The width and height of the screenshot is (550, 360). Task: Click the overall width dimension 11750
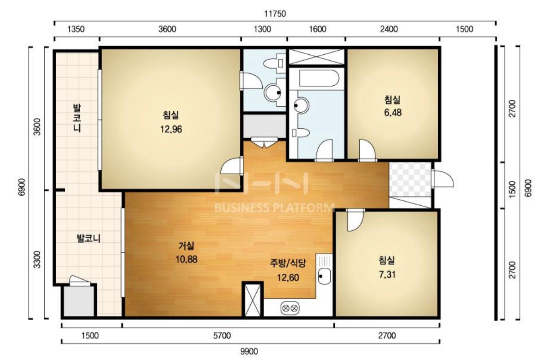(275, 14)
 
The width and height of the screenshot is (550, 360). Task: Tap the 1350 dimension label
(76, 29)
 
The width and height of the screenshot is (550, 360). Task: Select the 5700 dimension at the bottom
(222, 336)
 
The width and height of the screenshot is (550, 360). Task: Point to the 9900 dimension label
(249, 352)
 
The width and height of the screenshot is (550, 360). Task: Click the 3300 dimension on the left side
(37, 260)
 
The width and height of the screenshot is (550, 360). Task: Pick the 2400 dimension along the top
(389, 29)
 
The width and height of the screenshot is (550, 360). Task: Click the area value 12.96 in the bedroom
(171, 129)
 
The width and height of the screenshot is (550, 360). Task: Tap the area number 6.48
(393, 113)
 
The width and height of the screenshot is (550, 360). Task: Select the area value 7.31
(387, 275)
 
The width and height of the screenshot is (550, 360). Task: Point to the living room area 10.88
(187, 259)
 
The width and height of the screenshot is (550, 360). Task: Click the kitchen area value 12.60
(288, 278)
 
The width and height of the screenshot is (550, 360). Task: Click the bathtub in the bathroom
(319, 78)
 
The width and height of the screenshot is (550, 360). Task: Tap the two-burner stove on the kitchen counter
(290, 308)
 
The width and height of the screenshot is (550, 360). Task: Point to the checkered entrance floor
(410, 179)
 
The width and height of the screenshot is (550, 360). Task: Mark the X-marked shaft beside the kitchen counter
(253, 300)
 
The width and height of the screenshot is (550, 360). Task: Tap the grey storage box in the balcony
(79, 301)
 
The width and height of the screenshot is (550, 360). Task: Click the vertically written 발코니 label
(77, 118)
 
